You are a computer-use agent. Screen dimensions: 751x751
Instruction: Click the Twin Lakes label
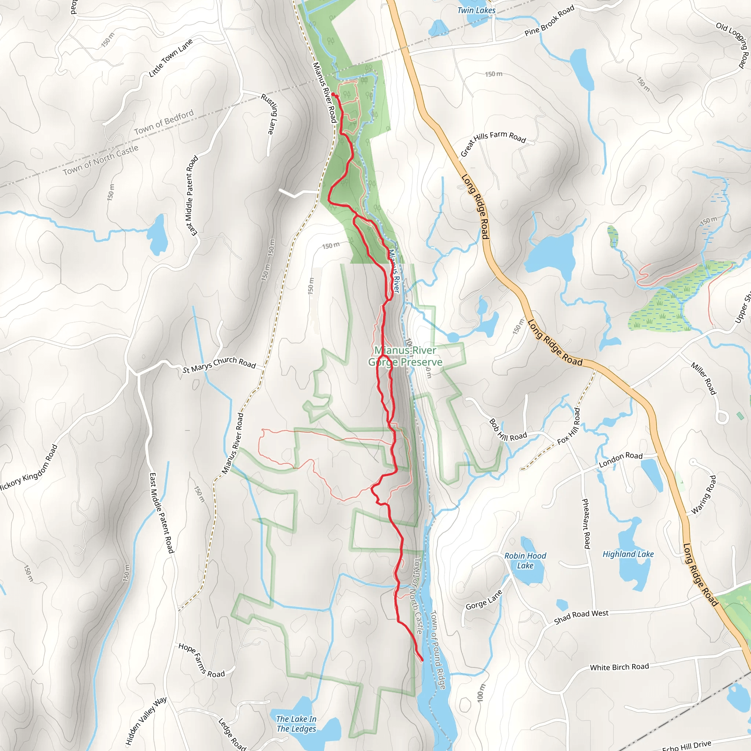pyautogui.click(x=476, y=11)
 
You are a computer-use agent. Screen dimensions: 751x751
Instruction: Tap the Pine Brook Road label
pyautogui.click(x=549, y=21)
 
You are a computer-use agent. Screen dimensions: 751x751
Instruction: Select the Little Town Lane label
pyautogui.click(x=171, y=58)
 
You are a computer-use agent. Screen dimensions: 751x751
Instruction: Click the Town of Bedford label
pyautogui.click(x=164, y=122)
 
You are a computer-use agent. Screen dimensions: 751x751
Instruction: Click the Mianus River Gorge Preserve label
pyautogui.click(x=405, y=356)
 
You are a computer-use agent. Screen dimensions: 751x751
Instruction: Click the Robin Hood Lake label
pyautogui.click(x=525, y=561)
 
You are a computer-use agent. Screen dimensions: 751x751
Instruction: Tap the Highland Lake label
pyautogui.click(x=628, y=554)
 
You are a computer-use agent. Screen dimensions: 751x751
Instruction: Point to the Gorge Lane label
pyautogui.click(x=484, y=600)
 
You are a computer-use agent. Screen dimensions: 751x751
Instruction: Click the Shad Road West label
pyautogui.click(x=581, y=616)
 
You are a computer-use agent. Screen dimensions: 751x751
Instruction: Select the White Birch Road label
pyautogui.click(x=619, y=667)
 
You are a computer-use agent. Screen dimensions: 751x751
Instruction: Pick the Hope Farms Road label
pyautogui.click(x=201, y=661)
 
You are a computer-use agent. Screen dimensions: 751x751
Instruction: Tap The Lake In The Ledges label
pyautogui.click(x=296, y=724)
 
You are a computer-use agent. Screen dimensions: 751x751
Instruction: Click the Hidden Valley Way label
pyautogui.click(x=146, y=720)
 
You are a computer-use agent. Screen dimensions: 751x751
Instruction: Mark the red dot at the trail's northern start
pyautogui.click(x=333, y=95)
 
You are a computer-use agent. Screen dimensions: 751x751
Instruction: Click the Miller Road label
pyautogui.click(x=703, y=378)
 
